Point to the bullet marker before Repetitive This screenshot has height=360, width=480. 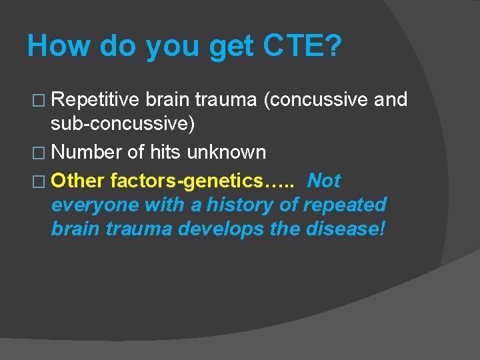40,101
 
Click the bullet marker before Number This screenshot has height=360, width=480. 40,153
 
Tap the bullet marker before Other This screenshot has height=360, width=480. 40,181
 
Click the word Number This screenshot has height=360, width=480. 87,153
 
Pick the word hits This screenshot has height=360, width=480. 165,153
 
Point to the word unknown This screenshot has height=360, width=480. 226,153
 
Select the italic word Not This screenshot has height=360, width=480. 324,181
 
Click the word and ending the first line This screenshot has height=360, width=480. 391,100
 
